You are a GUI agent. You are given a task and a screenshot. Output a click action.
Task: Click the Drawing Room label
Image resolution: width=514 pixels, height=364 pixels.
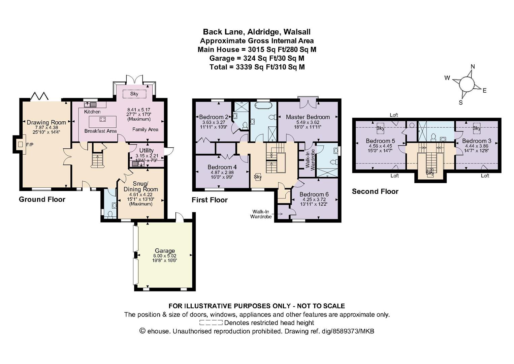coord(46,122)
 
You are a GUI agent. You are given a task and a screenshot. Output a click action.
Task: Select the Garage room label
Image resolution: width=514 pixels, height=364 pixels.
coord(165,250)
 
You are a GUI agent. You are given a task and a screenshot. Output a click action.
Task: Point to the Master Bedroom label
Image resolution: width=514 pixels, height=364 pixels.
coord(308,117)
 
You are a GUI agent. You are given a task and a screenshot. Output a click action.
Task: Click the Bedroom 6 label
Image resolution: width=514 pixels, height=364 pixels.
coord(314,194)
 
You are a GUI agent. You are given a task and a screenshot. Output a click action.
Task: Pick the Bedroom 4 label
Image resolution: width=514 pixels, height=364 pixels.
coord(222,167)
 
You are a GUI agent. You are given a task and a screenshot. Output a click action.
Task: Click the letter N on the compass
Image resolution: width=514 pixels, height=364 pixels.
coord(473,67)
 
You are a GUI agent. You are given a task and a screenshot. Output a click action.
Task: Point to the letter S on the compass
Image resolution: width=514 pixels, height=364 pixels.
coord(460,103)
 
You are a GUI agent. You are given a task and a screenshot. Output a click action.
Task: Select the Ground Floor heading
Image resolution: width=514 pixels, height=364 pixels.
coord(42,199)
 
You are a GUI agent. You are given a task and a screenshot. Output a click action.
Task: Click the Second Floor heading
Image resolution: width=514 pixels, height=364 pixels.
coord(375,191)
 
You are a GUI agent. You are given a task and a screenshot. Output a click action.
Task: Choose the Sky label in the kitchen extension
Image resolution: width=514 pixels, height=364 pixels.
coord(134,94)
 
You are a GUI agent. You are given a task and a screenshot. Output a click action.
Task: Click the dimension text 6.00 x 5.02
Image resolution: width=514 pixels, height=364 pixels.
coord(165,256)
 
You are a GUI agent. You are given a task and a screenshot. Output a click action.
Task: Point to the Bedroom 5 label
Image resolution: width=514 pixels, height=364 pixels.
coord(380,141)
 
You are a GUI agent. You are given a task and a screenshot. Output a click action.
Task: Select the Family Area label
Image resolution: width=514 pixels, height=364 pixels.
coord(145,129)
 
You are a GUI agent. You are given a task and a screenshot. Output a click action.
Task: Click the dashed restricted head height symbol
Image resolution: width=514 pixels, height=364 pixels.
coord(211,323)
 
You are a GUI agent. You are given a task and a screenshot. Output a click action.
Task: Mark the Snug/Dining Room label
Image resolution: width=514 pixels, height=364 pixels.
coord(141,186)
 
